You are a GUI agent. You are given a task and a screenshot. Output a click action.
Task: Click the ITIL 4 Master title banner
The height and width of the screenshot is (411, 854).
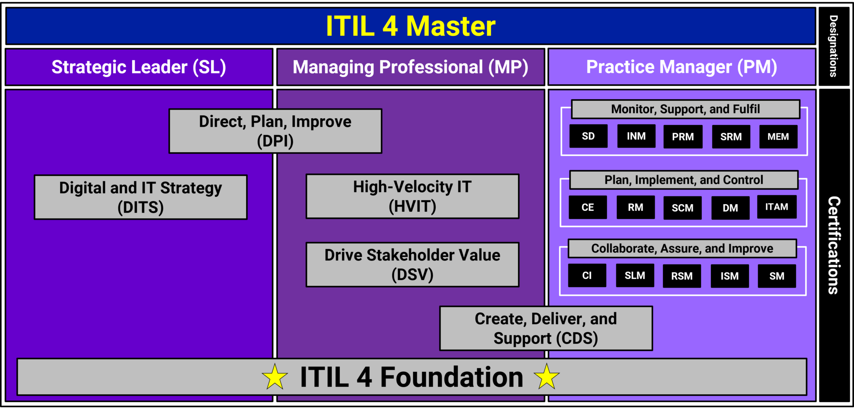(411, 26)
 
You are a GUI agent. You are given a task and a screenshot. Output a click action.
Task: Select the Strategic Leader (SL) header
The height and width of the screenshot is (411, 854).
(139, 67)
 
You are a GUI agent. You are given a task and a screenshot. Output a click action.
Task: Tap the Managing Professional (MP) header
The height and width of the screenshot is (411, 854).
(411, 67)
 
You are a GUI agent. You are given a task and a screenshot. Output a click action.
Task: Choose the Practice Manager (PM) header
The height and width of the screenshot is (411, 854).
(682, 67)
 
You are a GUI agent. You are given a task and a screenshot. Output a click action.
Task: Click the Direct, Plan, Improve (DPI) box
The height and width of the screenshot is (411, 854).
(275, 131)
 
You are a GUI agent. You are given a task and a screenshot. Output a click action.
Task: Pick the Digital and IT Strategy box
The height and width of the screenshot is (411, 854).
(141, 197)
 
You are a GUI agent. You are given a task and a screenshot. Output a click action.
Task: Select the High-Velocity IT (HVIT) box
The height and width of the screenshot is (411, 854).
(412, 196)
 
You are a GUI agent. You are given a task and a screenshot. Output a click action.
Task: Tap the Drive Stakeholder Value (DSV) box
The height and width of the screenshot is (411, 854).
(412, 265)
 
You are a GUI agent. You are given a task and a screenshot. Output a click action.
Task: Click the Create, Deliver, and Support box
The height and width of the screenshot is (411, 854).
(546, 328)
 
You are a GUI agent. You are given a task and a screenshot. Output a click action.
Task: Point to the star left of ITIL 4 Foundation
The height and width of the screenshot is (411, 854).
(275, 377)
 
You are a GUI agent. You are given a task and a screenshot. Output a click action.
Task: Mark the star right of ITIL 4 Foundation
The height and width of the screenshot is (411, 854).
(547, 376)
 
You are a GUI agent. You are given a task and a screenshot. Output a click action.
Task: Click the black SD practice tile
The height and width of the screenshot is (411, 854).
(588, 136)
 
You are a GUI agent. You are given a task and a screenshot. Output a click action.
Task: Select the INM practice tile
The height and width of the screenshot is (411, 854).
(636, 136)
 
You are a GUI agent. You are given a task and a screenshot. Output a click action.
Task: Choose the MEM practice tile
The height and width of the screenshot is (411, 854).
(779, 137)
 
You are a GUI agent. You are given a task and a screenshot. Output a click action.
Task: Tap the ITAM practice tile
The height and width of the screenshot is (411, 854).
(777, 207)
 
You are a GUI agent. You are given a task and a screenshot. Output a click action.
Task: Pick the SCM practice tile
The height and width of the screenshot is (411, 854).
(683, 208)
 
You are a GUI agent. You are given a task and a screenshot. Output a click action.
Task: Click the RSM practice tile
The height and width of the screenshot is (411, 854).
(682, 276)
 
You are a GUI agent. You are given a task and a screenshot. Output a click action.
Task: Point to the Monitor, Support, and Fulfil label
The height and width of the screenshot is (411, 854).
(686, 109)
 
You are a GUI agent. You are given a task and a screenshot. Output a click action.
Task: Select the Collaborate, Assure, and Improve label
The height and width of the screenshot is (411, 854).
(682, 248)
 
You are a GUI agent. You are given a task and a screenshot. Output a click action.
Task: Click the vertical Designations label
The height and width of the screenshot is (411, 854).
(834, 46)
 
